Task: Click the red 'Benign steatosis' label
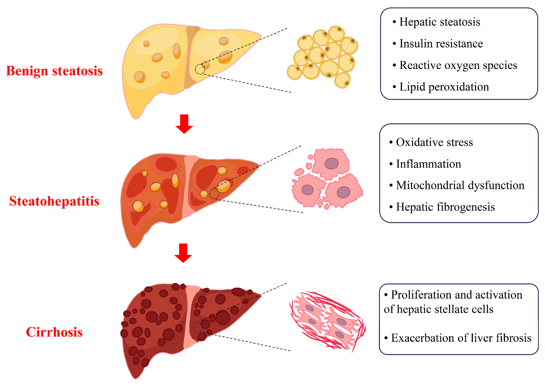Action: tap(54, 71)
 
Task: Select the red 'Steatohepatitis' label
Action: tap(54, 201)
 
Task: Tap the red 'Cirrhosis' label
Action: tap(54, 332)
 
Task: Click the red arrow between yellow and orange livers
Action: tap(184, 124)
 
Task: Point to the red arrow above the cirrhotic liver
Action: tap(183, 253)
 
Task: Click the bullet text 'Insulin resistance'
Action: tap(441, 44)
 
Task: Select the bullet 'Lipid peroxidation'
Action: tap(444, 87)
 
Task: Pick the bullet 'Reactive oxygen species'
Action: tap(458, 65)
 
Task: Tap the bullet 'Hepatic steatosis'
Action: tap(439, 22)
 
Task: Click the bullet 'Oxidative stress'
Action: tap(434, 142)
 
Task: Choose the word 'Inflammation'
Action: tap(428, 164)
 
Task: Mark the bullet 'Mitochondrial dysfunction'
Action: tap(460, 185)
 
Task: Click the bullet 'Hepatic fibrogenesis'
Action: tap(445, 207)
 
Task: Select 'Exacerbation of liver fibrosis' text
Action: tap(461, 338)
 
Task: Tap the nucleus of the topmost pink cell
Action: tap(331, 163)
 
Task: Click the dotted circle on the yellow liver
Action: tap(200, 69)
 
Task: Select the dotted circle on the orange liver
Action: tap(214, 194)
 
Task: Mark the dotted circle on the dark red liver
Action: tap(198, 327)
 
